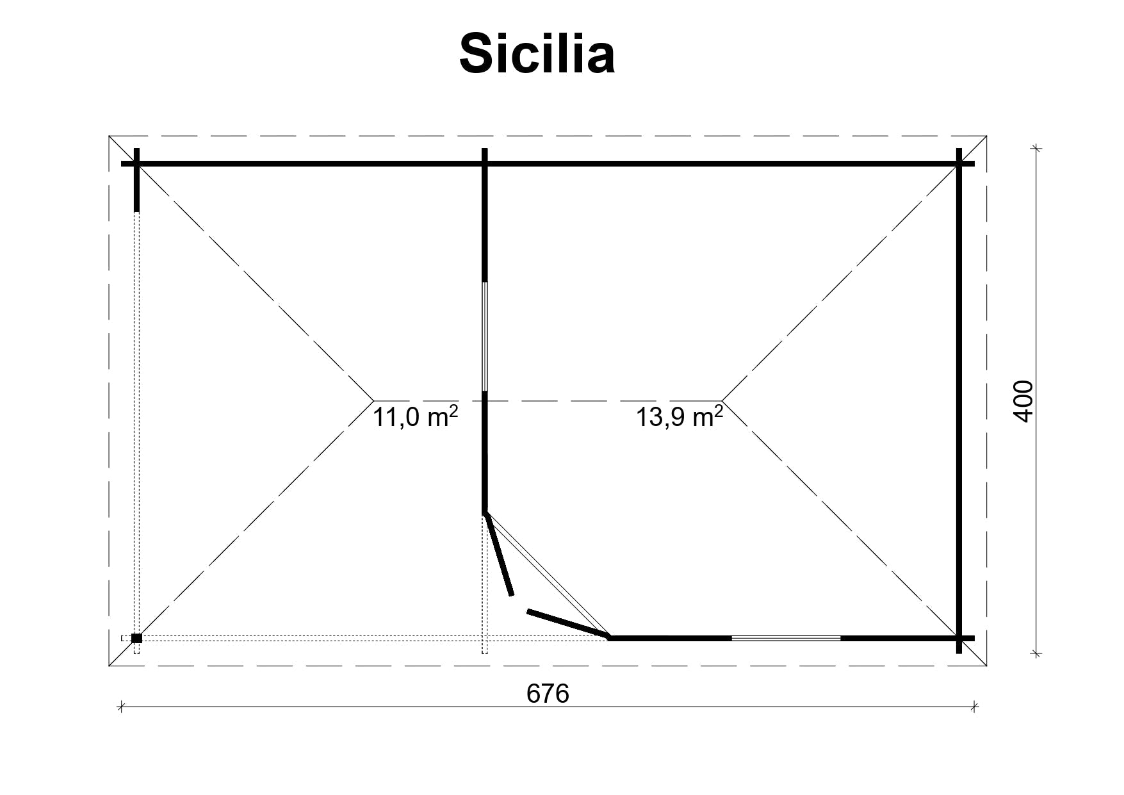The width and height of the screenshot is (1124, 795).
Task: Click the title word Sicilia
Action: pos(537,54)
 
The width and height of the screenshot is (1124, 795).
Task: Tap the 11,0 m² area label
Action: pos(415,417)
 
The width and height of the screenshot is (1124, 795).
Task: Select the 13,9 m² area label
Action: pos(679,417)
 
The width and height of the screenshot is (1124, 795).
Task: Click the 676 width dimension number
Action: pos(548,693)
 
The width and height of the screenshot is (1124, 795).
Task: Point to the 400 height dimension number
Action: pos(1023,401)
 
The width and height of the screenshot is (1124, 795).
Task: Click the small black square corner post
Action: pos(136,638)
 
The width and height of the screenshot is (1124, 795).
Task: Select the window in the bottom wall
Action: pos(786,638)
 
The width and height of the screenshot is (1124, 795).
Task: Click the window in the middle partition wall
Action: pos(485,336)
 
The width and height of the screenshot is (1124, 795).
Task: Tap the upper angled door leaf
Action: pos(499,554)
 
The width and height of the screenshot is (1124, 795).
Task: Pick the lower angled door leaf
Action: pos(567,624)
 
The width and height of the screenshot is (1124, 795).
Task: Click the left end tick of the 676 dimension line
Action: pos(121,707)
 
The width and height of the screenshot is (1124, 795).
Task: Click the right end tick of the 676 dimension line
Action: pos(973,707)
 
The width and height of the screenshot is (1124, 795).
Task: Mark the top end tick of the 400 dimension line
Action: pos(1036,149)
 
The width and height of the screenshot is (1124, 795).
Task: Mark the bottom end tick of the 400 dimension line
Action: pos(1036,653)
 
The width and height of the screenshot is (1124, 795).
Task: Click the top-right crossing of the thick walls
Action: pos(959,164)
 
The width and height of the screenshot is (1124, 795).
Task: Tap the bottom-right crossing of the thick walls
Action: pos(959,638)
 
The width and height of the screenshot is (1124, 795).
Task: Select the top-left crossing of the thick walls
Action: pos(136,164)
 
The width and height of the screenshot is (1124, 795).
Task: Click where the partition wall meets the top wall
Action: pos(485,164)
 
